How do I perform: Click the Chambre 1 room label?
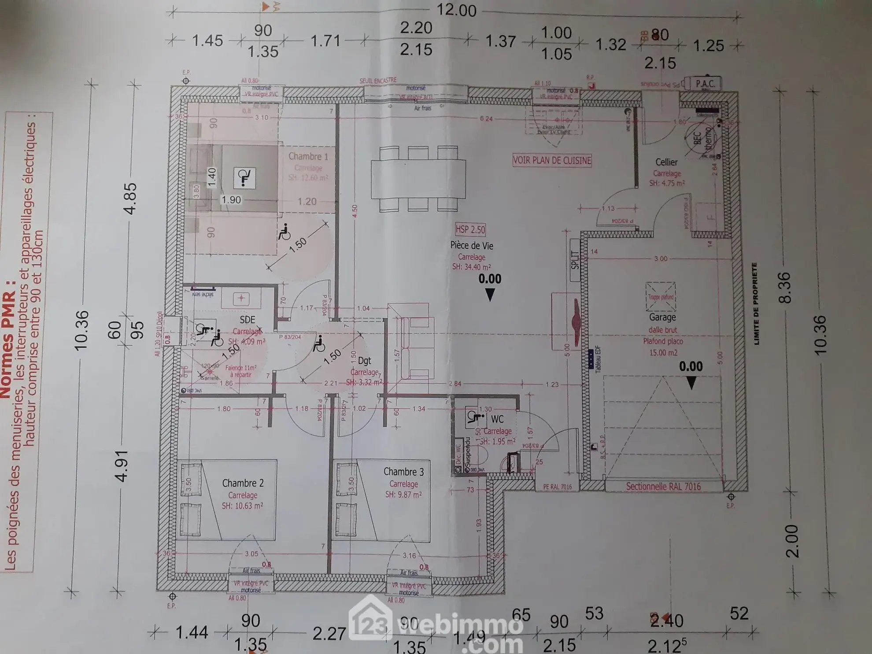(x=308, y=156)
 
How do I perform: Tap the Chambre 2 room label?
(x=243, y=483)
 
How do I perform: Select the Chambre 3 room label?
(x=403, y=472)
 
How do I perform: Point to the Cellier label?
(x=666, y=163)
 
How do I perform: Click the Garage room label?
(x=662, y=317)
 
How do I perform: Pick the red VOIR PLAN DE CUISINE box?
(x=552, y=160)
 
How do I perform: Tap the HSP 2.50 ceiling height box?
(x=470, y=229)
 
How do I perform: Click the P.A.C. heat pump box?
(x=705, y=84)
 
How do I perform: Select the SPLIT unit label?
(x=575, y=260)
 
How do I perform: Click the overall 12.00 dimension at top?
(x=456, y=11)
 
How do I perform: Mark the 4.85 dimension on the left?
(x=130, y=199)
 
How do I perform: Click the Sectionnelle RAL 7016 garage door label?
(x=663, y=487)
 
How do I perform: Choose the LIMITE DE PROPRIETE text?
(x=756, y=303)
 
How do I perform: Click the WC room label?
(x=497, y=419)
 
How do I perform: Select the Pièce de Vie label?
(x=471, y=246)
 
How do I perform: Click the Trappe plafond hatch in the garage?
(x=661, y=297)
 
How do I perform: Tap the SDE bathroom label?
(x=247, y=319)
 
